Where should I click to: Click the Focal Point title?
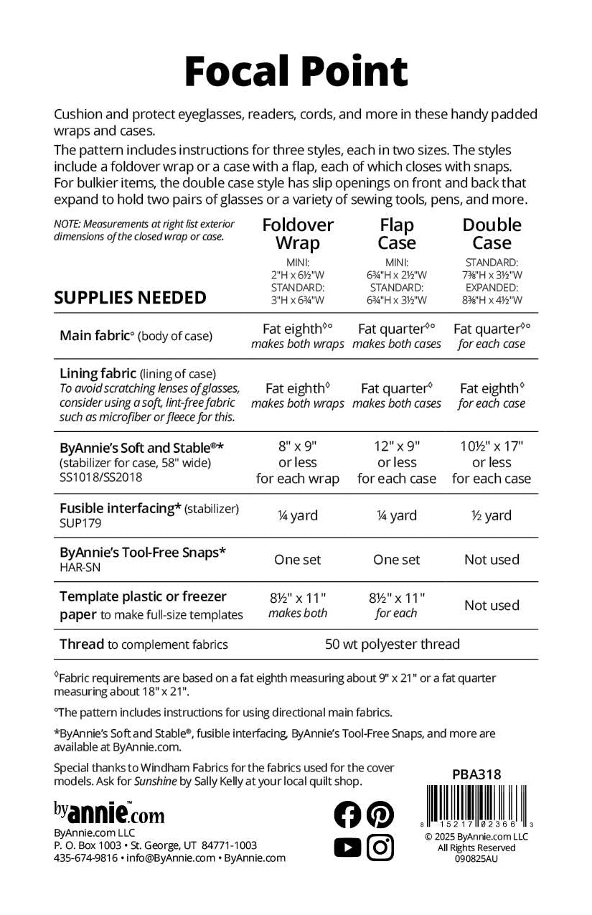[296, 72]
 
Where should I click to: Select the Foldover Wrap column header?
[298, 234]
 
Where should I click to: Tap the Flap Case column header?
[397, 234]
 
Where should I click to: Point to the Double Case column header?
[492, 234]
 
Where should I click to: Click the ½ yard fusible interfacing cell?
[492, 515]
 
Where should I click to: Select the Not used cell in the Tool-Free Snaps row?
[492, 560]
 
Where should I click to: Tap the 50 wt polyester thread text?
[393, 644]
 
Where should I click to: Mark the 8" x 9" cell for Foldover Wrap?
[298, 446]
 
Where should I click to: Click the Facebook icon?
[348, 814]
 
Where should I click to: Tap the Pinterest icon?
[380, 814]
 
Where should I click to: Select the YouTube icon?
[348, 848]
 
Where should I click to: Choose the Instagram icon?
[380, 848]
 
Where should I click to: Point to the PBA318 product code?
[476, 774]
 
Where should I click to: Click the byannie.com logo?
[109, 812]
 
